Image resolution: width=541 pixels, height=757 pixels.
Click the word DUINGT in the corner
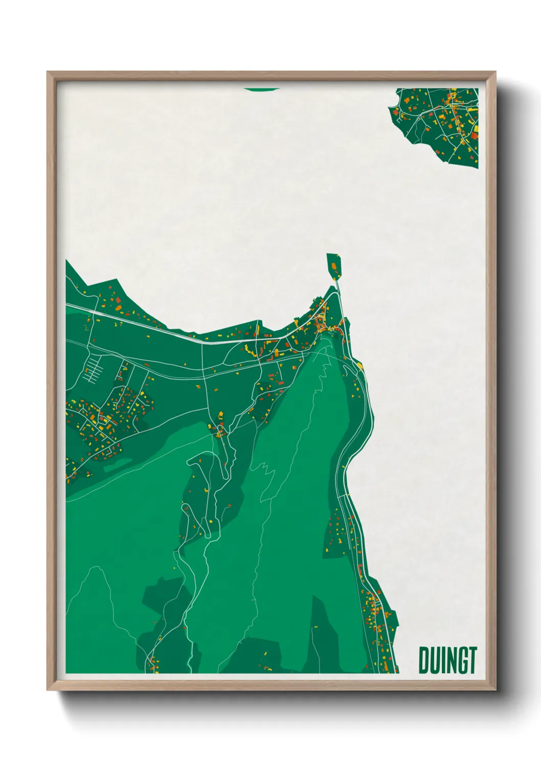tap(448, 660)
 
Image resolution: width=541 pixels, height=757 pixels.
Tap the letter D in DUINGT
tap(424, 660)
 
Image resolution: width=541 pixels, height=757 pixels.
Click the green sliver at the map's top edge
tap(262, 89)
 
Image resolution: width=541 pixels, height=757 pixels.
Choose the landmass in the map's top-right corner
tap(440, 125)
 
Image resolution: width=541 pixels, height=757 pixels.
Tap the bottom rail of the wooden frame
tap(271, 686)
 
